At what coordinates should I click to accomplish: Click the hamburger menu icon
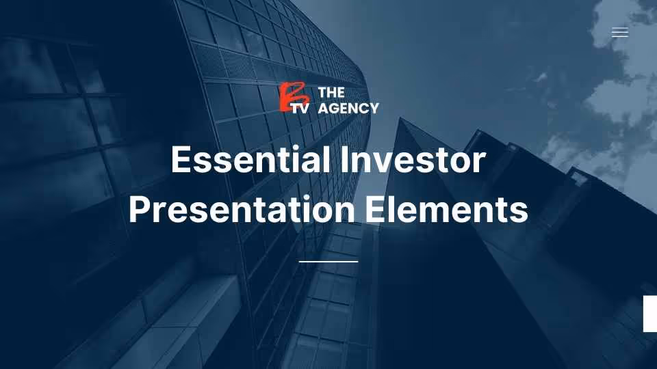(619, 32)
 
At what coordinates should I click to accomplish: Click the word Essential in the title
(246, 161)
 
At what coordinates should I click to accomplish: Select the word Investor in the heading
(412, 161)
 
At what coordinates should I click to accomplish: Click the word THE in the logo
(332, 93)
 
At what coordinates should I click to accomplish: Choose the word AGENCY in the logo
(348, 108)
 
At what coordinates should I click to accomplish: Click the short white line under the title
(328, 261)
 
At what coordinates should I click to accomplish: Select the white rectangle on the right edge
(650, 314)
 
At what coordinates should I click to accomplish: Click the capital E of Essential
(181, 161)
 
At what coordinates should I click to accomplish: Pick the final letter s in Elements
(519, 212)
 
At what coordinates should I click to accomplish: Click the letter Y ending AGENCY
(373, 108)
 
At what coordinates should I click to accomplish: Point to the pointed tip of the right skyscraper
(400, 119)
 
